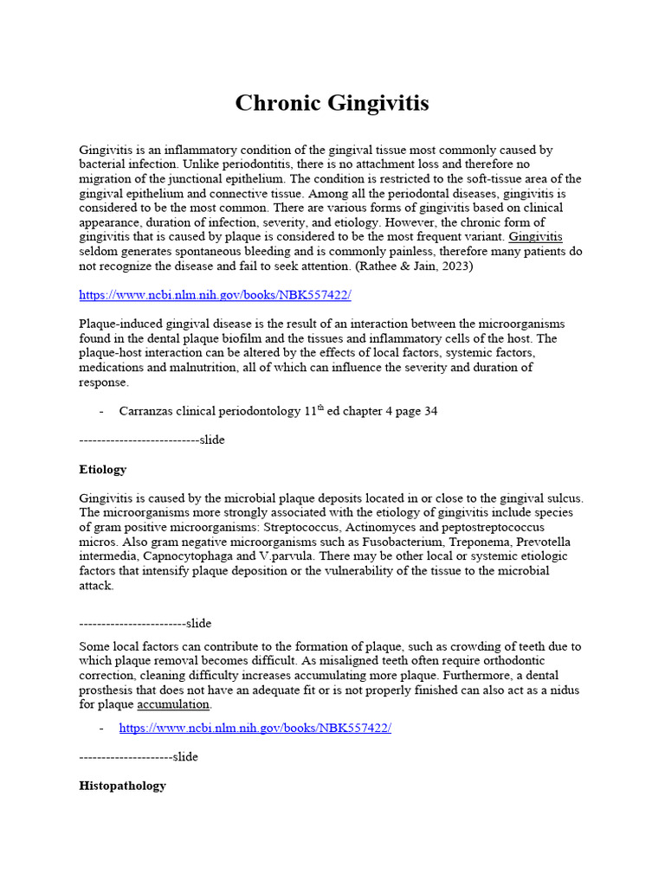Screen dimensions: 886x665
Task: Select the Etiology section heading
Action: tap(102, 470)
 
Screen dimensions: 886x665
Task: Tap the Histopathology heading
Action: tap(122, 786)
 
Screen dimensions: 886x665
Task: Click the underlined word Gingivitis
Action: tap(535, 237)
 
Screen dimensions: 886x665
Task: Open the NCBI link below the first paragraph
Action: tap(215, 295)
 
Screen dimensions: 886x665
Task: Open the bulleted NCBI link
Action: tap(255, 728)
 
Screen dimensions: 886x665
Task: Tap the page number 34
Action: tap(429, 412)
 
